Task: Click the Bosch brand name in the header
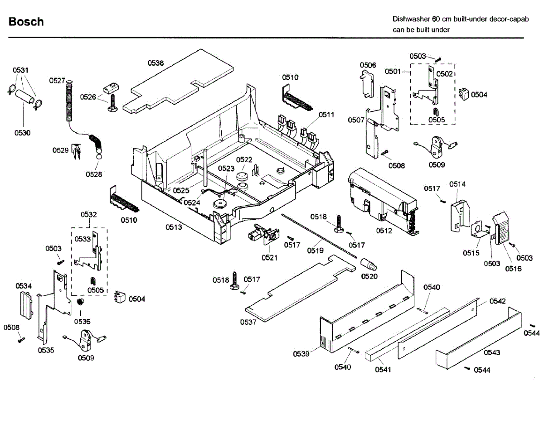tap(26, 22)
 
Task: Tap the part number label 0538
tap(156, 63)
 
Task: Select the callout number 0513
tap(174, 227)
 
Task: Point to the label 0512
tap(384, 231)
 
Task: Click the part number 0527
tap(57, 81)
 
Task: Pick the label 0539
tap(301, 354)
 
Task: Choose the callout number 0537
tap(248, 322)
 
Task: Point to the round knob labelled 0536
tap(81, 303)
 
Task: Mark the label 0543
tap(492, 352)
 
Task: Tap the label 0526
tap(88, 96)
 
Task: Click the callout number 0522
tap(244, 159)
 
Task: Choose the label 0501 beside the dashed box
tap(393, 71)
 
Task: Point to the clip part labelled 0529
tap(76, 151)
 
